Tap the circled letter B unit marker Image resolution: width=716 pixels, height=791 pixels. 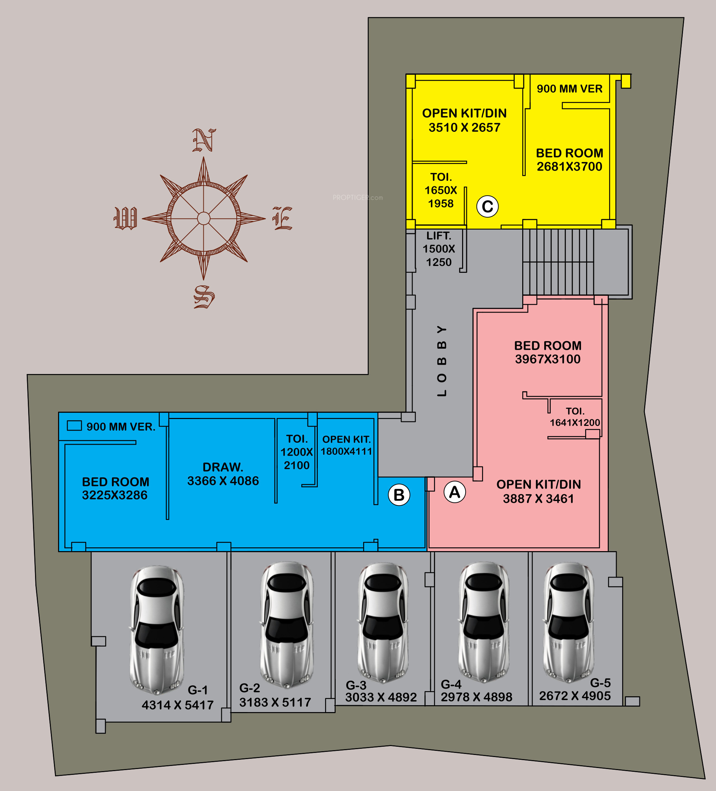click(x=399, y=495)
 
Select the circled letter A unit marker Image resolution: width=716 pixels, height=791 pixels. click(x=455, y=492)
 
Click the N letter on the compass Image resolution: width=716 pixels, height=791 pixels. click(x=204, y=140)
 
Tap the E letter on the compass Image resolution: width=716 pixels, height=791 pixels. click(x=282, y=218)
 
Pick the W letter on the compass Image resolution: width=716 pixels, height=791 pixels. click(x=125, y=218)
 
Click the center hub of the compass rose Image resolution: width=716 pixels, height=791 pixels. click(x=203, y=218)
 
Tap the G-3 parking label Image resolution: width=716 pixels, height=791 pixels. click(x=356, y=685)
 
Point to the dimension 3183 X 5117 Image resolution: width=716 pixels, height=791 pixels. click(x=275, y=702)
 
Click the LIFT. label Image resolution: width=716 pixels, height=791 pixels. click(x=439, y=236)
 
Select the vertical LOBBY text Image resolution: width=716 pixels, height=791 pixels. click(x=442, y=361)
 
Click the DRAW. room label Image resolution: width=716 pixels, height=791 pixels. click(x=223, y=467)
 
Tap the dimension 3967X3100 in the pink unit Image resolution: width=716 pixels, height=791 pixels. click(x=548, y=359)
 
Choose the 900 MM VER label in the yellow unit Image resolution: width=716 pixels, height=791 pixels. click(x=570, y=89)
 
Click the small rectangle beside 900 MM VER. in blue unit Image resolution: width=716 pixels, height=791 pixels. click(x=74, y=426)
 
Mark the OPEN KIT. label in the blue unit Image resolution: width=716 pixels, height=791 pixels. click(x=346, y=439)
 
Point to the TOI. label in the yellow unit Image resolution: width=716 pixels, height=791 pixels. click(x=441, y=177)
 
